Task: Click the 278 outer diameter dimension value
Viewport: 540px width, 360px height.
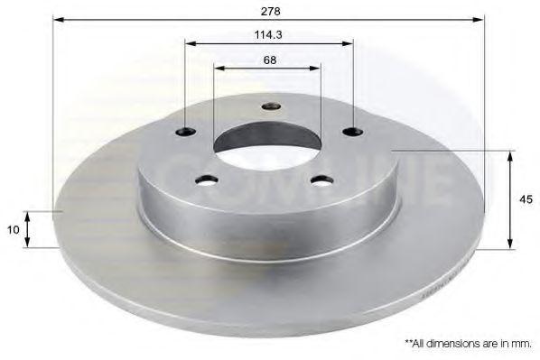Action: coord(268,11)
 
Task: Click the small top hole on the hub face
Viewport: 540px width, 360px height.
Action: coord(271,107)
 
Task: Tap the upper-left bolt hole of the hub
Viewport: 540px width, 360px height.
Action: coord(187,132)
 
